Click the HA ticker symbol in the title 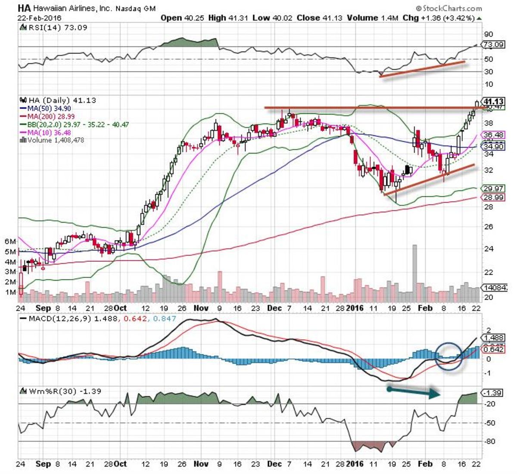[x=24, y=8]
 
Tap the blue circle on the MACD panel [x=450, y=356]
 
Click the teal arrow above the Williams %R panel [x=413, y=392]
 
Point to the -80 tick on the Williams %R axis [x=489, y=441]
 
